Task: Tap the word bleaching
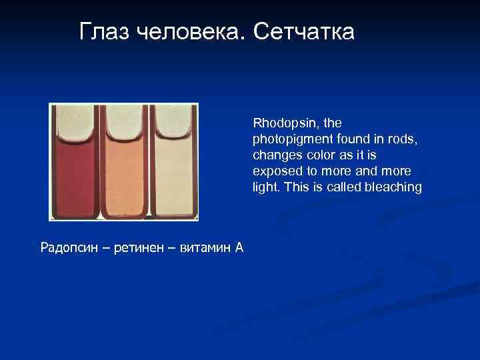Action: pyautogui.click(x=393, y=187)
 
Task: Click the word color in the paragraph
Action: pyautogui.click(x=316, y=155)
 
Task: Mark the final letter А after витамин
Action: pyautogui.click(x=238, y=248)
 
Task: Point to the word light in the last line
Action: pyautogui.click(x=264, y=187)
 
